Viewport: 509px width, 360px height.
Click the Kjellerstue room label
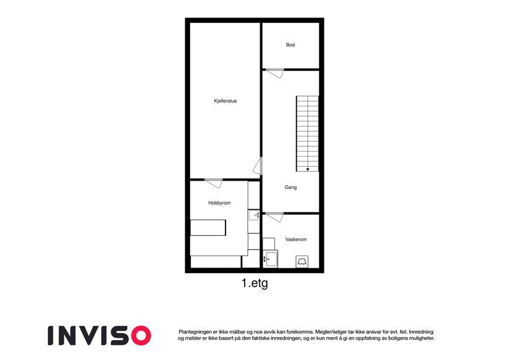click(225, 101)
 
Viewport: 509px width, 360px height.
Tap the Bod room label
click(291, 45)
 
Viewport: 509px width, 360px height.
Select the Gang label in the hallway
click(291, 187)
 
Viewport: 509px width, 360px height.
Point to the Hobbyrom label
click(219, 203)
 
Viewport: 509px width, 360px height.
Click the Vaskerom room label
click(296, 239)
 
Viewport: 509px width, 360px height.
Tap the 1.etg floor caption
click(255, 283)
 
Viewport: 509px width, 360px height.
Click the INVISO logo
click(100, 335)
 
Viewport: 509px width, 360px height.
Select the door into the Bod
click(275, 73)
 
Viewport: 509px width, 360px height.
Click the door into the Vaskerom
click(275, 217)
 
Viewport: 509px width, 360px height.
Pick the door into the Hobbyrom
click(213, 182)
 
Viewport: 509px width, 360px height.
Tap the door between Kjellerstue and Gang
click(258, 166)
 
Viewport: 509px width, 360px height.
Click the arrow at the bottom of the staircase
click(308, 169)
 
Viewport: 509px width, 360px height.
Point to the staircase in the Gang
click(308, 134)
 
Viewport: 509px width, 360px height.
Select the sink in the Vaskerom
click(270, 259)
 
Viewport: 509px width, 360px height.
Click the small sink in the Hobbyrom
click(254, 215)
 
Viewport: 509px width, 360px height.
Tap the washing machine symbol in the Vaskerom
click(302, 262)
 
